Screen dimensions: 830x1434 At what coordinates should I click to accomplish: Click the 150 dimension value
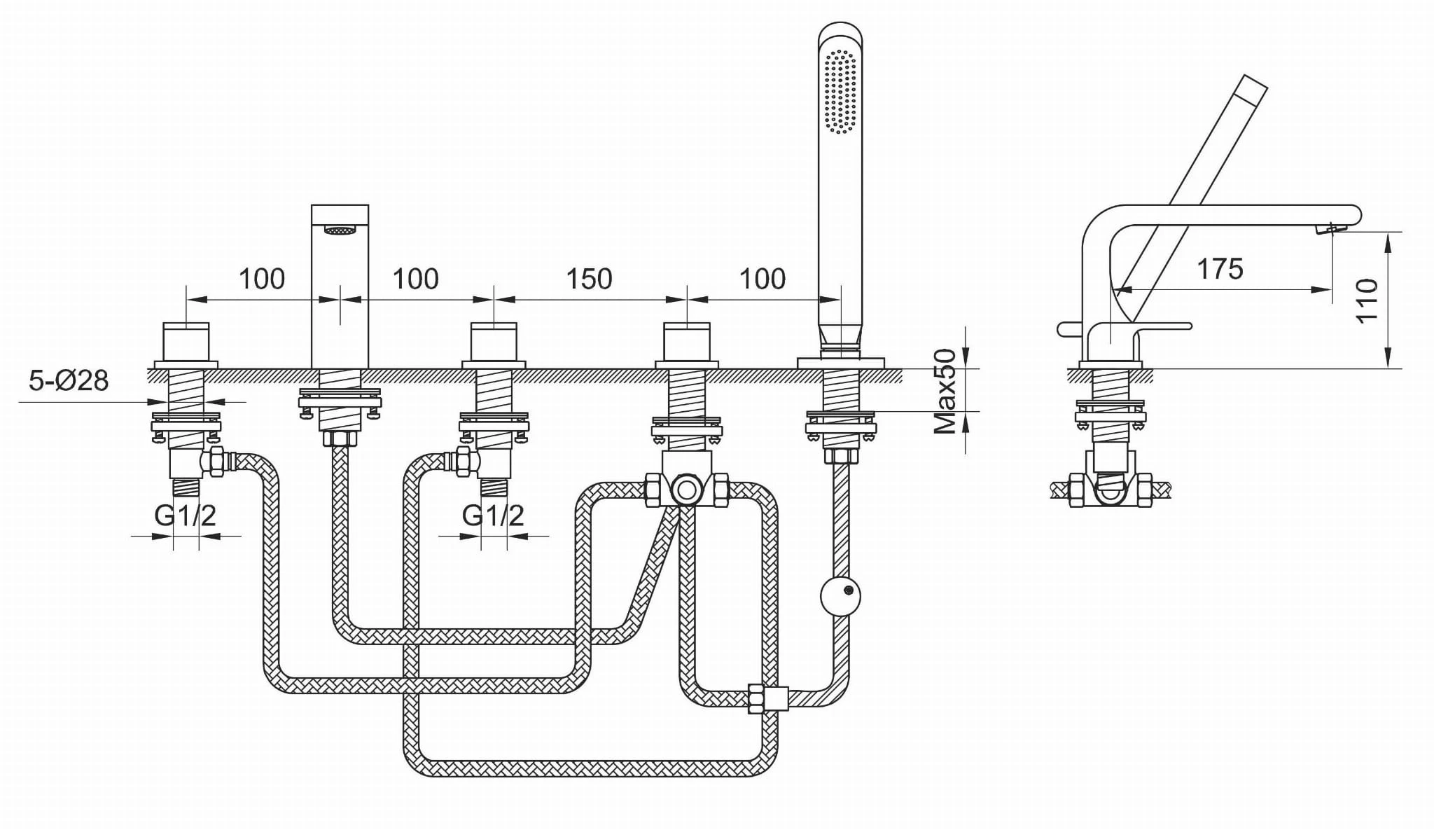click(x=589, y=279)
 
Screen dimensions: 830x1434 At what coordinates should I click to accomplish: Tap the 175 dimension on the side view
click(x=1220, y=269)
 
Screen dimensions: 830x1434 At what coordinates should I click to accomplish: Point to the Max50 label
click(x=946, y=392)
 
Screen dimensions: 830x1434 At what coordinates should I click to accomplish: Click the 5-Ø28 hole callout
click(x=69, y=380)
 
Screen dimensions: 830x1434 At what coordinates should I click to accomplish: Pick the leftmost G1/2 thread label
click(x=185, y=516)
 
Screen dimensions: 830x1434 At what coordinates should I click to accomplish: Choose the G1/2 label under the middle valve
click(x=493, y=516)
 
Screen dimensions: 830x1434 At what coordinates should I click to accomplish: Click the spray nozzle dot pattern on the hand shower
click(x=840, y=91)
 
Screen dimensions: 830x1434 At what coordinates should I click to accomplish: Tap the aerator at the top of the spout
click(x=340, y=229)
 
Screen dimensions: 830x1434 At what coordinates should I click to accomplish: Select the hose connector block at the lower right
click(x=769, y=698)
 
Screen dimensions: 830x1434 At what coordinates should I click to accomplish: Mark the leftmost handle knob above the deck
click(x=186, y=341)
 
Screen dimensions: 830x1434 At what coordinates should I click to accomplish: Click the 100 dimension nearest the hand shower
click(x=763, y=279)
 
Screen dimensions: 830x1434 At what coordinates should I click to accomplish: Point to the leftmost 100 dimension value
click(x=262, y=279)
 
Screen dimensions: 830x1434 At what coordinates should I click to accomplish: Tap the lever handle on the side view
click(x=1148, y=326)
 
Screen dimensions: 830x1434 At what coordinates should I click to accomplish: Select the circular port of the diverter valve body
click(x=686, y=488)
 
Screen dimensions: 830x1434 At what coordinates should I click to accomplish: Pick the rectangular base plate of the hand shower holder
click(x=840, y=363)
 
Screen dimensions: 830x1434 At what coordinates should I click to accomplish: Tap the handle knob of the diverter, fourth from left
click(x=687, y=341)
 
